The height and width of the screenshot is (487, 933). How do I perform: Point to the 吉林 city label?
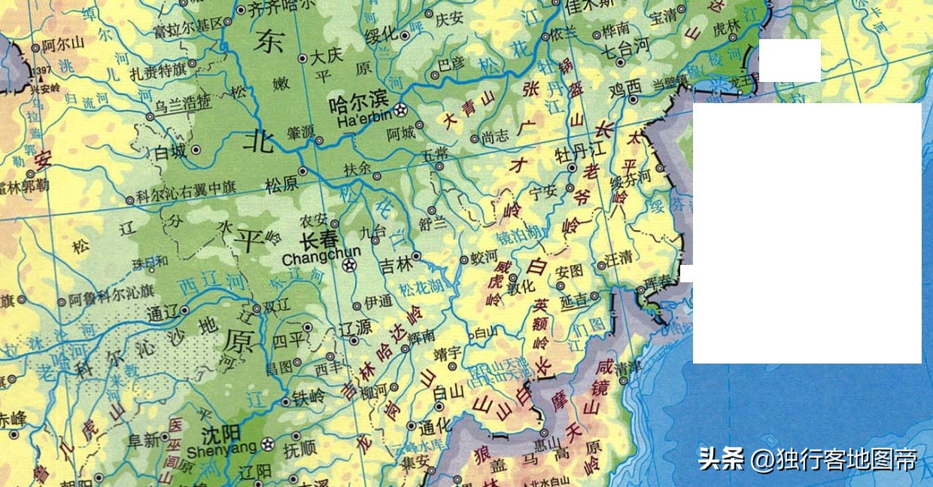397,265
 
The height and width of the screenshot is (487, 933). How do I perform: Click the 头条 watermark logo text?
720,458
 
